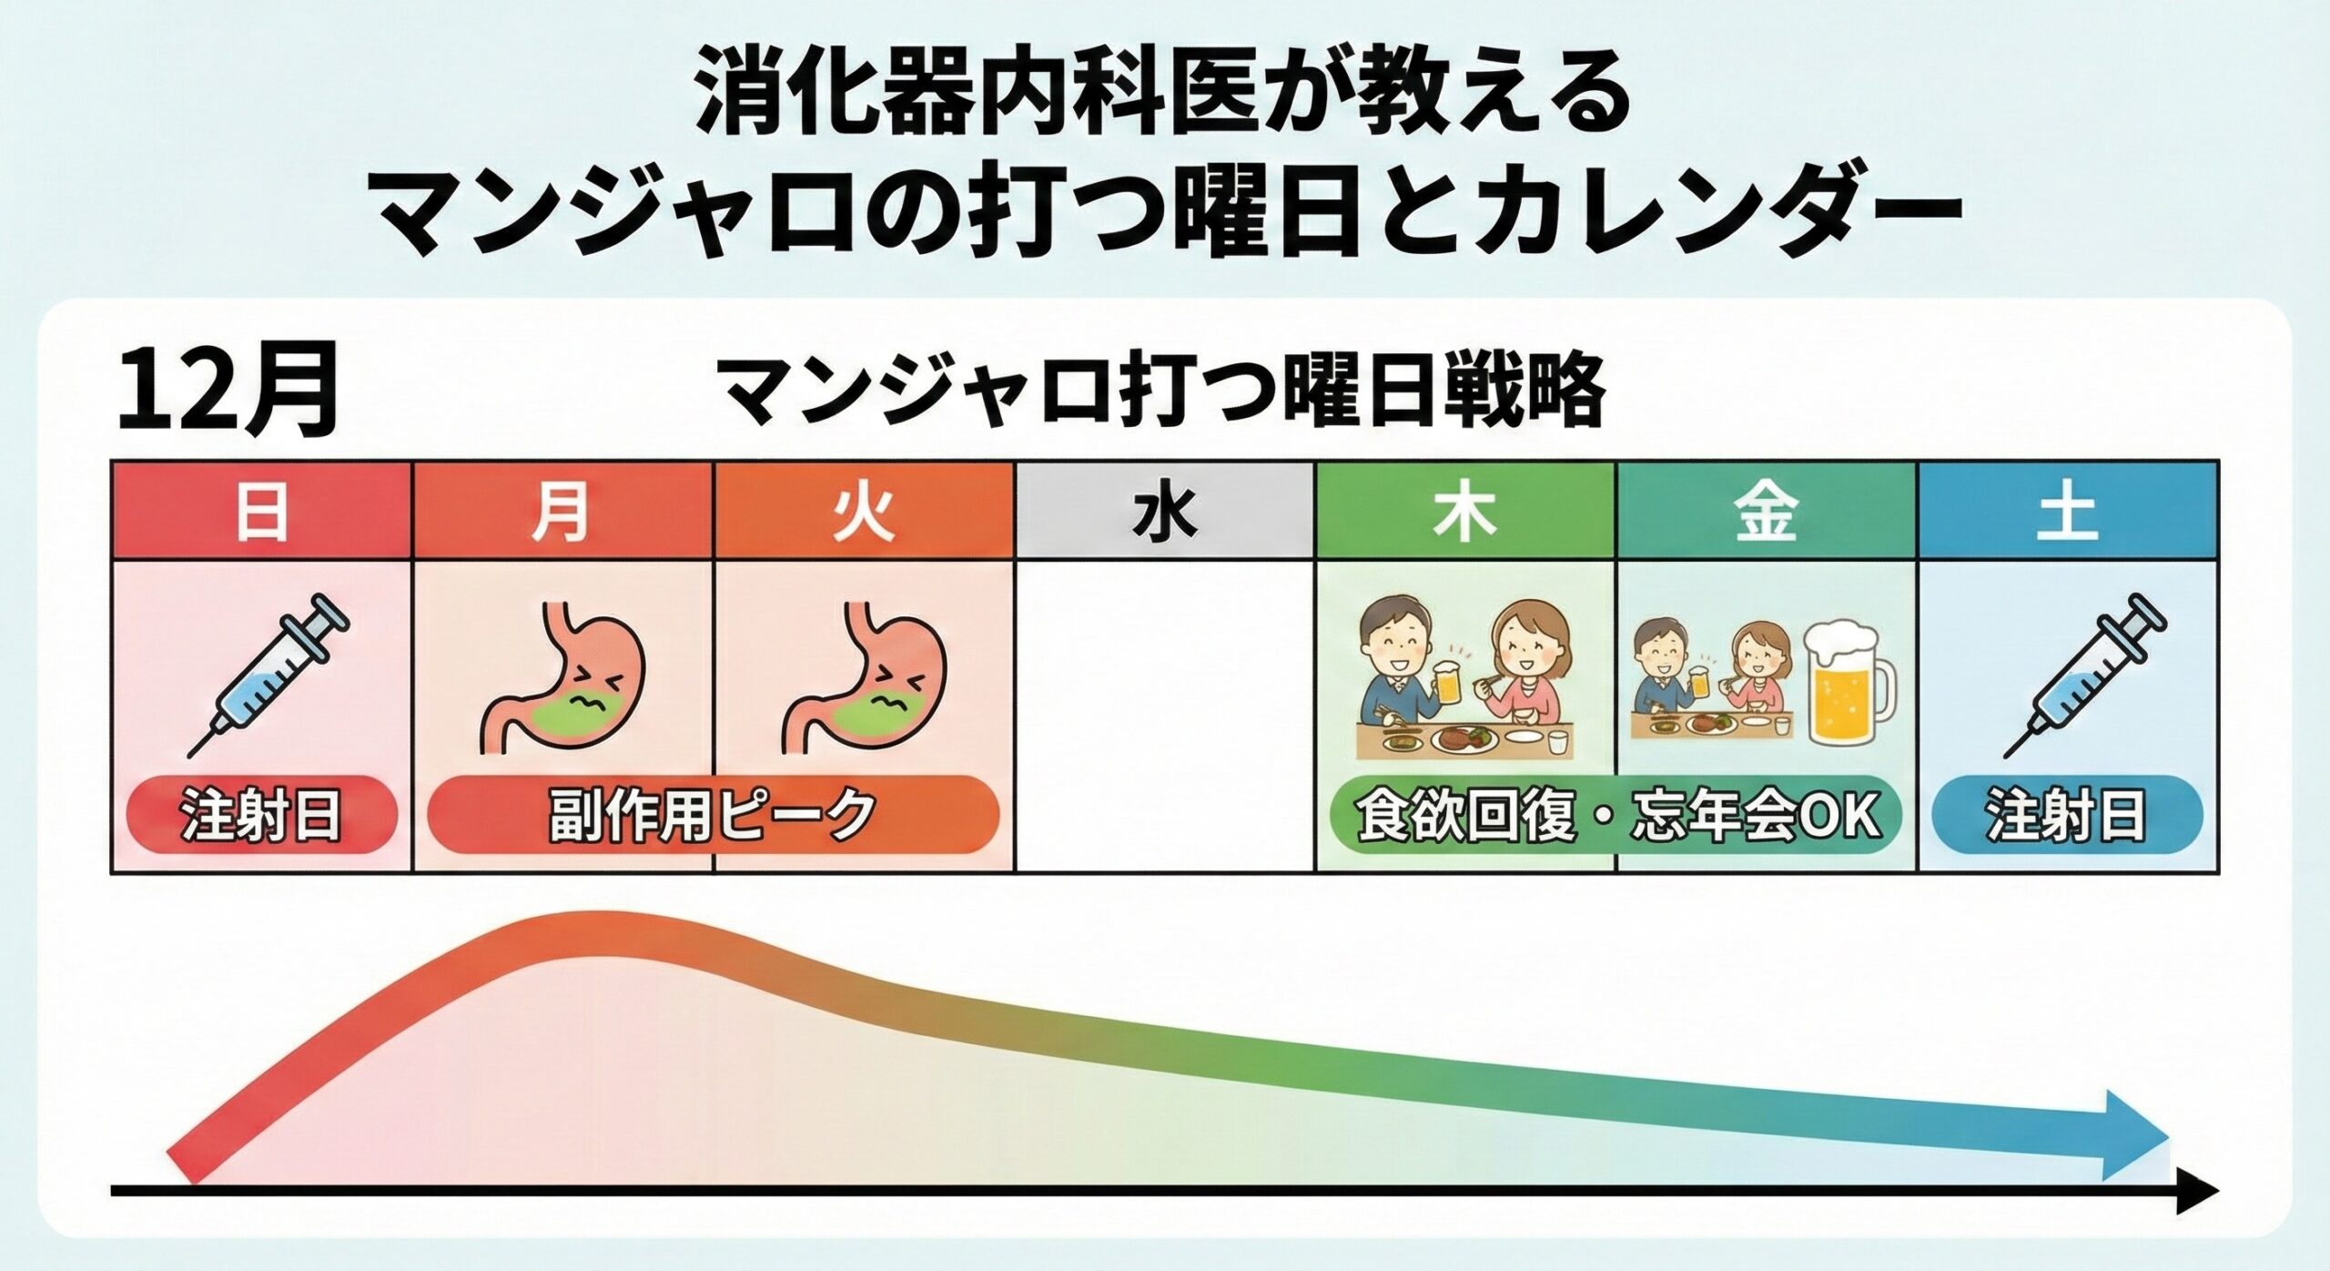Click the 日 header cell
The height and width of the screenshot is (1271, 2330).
262,510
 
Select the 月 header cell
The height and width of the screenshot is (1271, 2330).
563,510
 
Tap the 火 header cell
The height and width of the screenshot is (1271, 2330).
864,510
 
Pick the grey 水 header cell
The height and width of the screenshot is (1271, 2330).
1165,510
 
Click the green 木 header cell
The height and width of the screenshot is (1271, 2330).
1465,510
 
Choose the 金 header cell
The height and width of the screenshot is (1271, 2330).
1767,510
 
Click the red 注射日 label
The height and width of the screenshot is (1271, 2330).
262,814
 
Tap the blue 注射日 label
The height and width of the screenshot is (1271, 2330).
2066,814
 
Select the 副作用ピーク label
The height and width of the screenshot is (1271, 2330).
713,814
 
